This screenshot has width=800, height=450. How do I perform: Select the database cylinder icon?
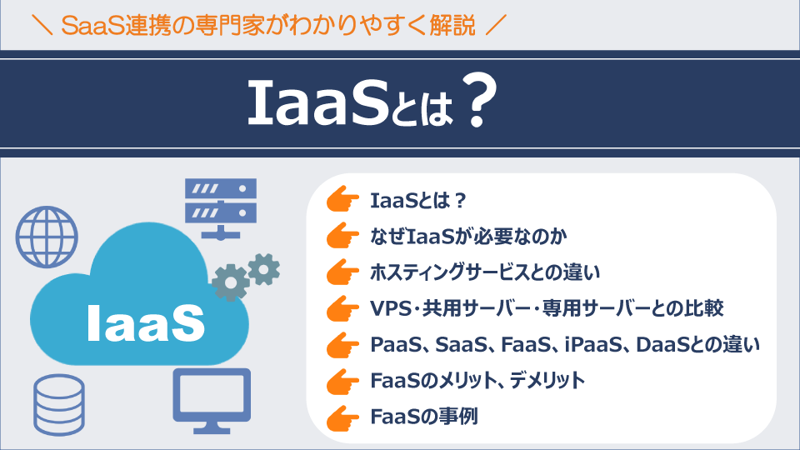[x=60, y=402]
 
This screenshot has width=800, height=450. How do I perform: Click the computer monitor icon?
[x=211, y=398]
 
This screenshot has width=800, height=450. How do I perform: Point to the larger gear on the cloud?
[x=230, y=282]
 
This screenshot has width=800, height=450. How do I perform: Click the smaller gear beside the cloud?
[x=264, y=268]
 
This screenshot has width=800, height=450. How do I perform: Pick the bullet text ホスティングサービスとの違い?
[x=485, y=272]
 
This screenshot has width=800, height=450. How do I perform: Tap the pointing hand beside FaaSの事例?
[x=341, y=415]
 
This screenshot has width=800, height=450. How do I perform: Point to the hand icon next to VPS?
[x=341, y=307]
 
